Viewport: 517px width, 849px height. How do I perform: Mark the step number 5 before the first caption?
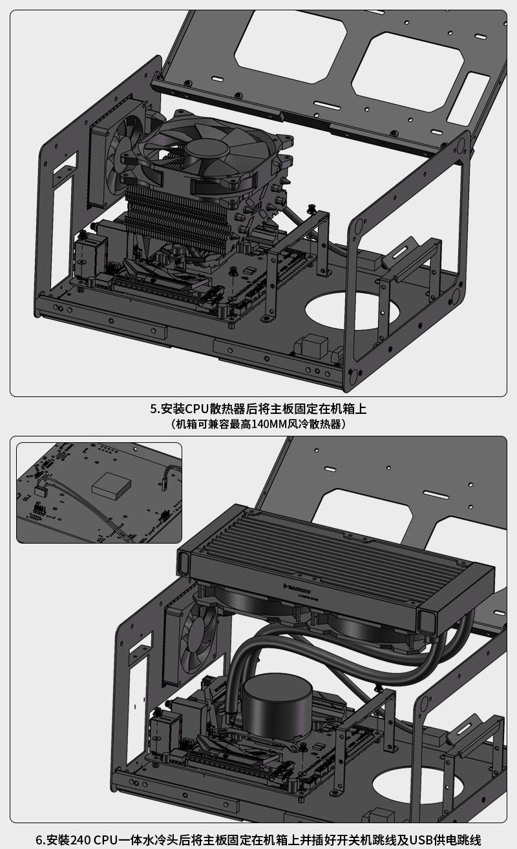click(154, 409)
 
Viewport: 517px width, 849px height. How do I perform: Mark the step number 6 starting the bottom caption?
click(39, 840)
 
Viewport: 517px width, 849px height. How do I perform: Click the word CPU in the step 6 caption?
click(106, 840)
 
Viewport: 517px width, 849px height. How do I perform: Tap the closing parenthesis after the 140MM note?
click(344, 424)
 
